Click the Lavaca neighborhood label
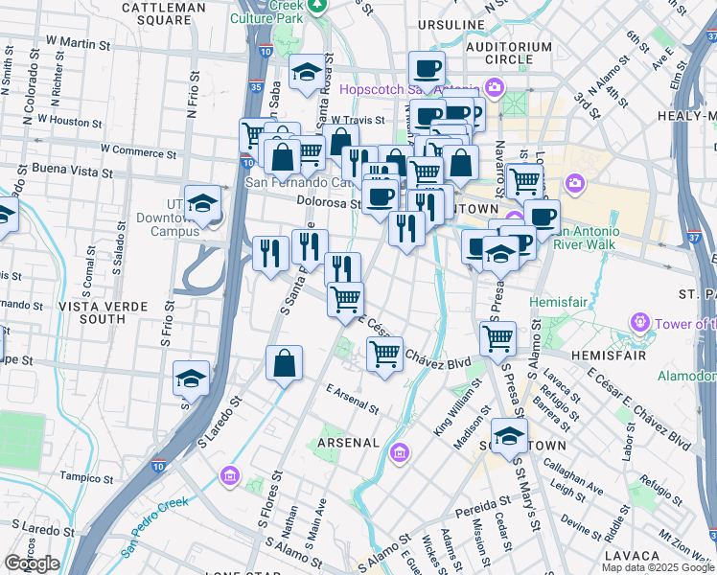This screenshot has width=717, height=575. (633, 555)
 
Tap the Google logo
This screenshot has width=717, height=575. (32, 563)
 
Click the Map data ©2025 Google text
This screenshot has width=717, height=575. (658, 567)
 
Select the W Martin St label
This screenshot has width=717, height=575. (79, 44)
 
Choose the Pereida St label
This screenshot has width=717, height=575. (484, 503)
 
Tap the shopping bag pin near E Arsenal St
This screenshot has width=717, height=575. (285, 364)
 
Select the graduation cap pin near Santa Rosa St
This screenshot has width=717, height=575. (307, 74)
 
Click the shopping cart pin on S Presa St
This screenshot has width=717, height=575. (498, 337)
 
